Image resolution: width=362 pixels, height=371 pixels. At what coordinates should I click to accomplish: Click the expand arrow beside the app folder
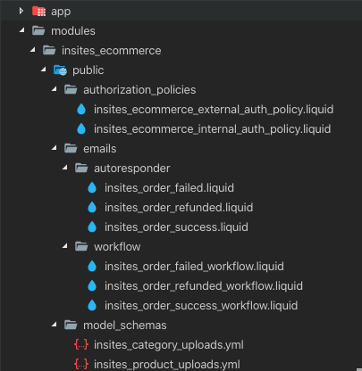21,12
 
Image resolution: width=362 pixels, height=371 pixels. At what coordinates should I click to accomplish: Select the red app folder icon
38,12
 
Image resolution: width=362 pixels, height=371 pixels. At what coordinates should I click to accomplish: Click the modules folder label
73,31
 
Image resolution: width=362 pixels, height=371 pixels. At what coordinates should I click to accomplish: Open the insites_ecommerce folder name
111,51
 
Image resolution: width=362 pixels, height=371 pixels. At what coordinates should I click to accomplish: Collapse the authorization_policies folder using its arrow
55,89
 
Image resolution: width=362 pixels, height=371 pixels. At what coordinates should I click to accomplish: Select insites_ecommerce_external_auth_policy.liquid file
214,110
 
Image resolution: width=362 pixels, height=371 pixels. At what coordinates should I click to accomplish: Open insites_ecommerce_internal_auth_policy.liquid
212,129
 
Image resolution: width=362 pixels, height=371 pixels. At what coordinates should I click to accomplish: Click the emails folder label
99,149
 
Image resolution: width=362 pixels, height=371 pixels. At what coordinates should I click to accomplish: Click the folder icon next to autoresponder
81,169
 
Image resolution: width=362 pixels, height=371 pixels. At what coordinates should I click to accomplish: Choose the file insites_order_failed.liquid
169,188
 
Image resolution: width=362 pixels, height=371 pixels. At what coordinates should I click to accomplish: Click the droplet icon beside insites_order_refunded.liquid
92,208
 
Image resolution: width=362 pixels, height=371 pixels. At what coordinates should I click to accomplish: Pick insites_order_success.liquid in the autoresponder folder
176,227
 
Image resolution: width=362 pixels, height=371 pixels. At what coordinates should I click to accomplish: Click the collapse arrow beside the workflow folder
65,246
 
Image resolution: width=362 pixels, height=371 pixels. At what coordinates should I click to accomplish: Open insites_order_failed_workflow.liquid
194,267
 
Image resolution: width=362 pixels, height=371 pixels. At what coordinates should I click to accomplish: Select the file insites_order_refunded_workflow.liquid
204,286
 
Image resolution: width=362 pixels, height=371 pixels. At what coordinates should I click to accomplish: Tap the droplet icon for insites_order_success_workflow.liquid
92,306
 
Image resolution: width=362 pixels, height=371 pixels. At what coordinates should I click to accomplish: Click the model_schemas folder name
124,326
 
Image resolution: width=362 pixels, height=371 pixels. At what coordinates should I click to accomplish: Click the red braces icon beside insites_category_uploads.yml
81,345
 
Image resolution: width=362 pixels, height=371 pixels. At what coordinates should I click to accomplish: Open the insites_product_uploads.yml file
167,365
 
